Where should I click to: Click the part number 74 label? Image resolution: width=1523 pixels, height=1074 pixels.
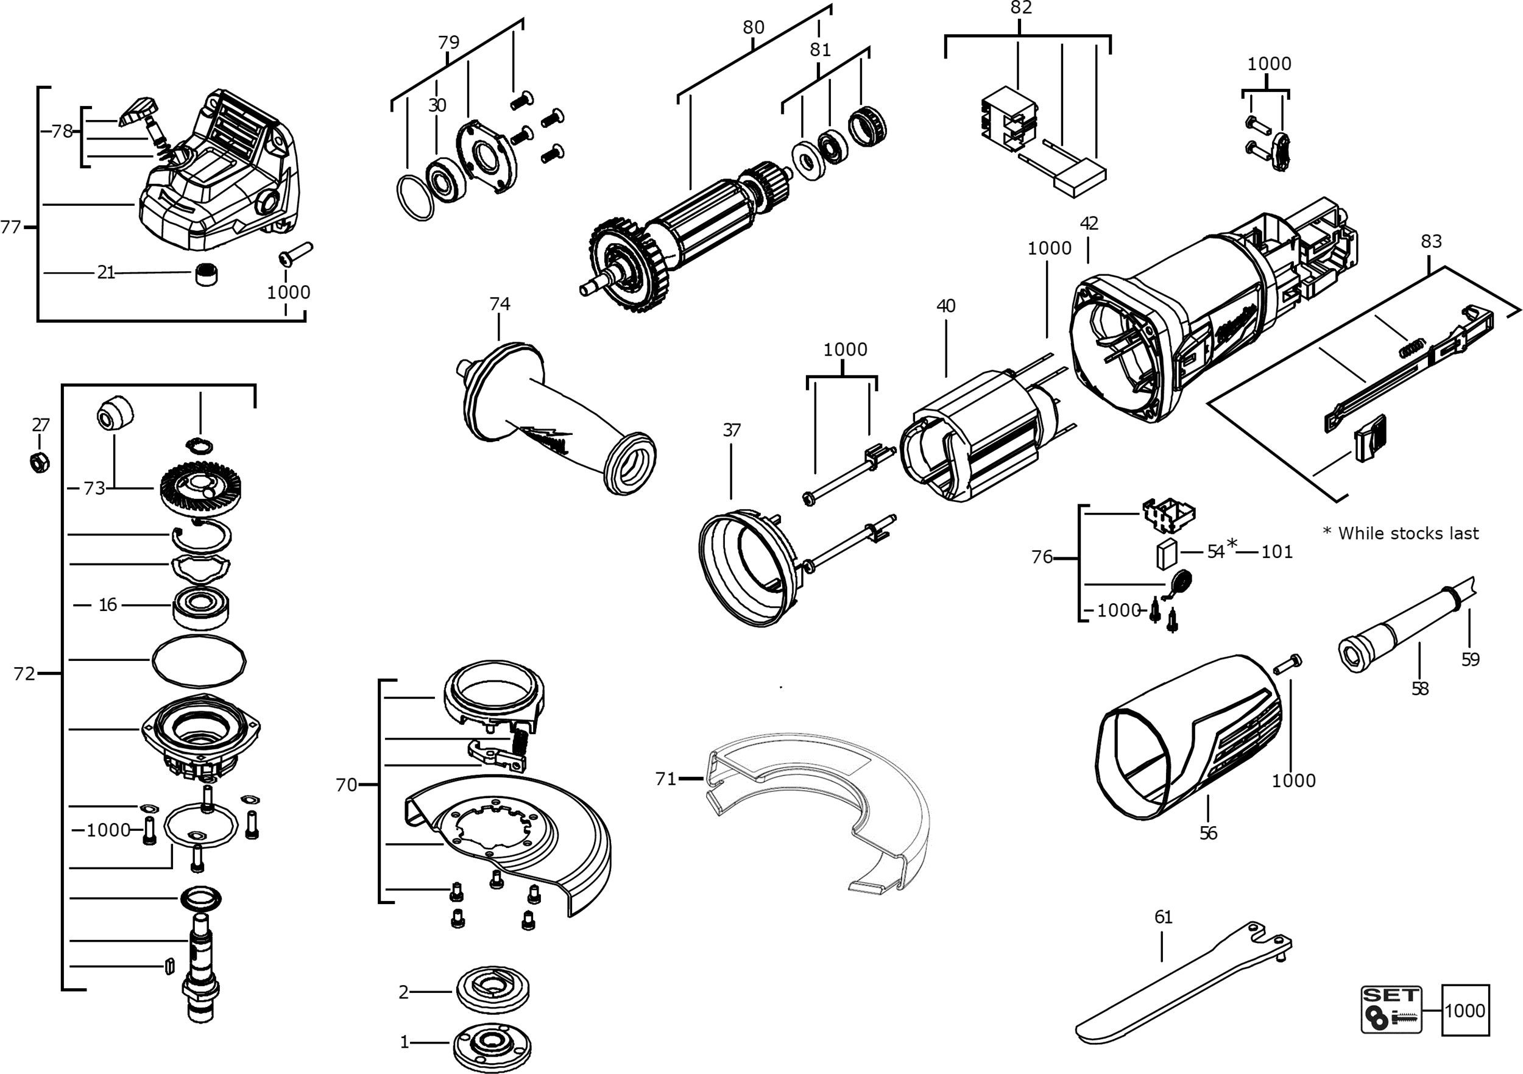[x=500, y=304]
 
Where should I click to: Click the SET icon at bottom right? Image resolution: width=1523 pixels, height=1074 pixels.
[x=1391, y=1009]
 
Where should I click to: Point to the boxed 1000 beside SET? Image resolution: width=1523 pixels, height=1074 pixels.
[x=1465, y=1010]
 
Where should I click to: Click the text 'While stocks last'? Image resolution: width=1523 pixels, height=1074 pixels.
[x=1408, y=534]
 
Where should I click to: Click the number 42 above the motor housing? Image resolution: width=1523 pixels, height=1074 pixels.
[x=1089, y=224]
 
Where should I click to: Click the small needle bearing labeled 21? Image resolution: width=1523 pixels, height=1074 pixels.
[x=208, y=274]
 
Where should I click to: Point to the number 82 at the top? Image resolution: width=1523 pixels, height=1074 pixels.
[x=1021, y=8]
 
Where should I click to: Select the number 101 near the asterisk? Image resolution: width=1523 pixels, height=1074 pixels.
[x=1276, y=552]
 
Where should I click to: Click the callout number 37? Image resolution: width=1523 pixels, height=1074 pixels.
[x=731, y=430]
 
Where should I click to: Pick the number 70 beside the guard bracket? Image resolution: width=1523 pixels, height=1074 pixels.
[x=346, y=785]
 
